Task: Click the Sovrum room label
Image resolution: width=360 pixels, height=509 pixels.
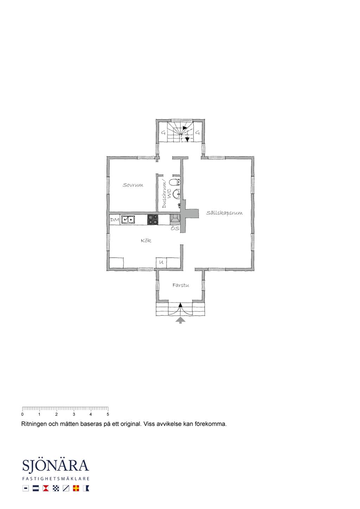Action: point(133,185)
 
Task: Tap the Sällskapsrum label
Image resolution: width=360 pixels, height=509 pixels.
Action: point(224,213)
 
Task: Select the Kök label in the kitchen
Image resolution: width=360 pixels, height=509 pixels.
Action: point(146,240)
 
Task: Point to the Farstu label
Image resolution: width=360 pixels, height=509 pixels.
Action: point(181,285)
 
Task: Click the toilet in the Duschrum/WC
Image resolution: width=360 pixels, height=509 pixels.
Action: point(176,182)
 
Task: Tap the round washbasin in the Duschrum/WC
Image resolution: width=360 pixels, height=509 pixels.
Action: point(176,194)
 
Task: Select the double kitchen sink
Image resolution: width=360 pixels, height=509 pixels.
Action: point(128,220)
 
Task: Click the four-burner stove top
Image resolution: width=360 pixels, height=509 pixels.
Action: point(153,220)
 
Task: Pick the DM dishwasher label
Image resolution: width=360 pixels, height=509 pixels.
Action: point(115,220)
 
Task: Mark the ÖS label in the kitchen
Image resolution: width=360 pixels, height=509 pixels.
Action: point(175,228)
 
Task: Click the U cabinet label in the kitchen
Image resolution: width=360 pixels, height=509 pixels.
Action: point(161,262)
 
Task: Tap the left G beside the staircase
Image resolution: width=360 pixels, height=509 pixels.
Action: point(163,133)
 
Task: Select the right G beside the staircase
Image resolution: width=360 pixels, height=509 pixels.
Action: point(198,133)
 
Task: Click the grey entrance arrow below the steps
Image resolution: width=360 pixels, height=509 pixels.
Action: point(180,321)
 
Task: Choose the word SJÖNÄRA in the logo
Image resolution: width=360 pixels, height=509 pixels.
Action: point(56,465)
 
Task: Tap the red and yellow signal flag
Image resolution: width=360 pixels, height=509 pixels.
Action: point(76,488)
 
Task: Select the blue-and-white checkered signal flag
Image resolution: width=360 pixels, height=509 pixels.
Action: point(56,488)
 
